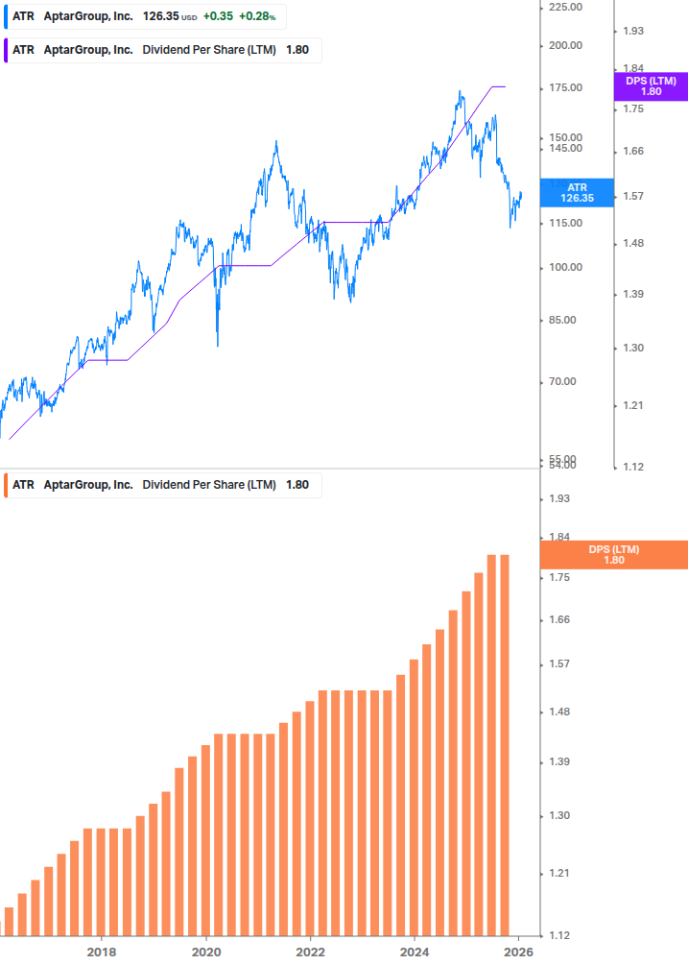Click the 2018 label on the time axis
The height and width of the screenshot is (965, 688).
point(102,952)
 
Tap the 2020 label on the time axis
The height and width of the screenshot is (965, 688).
point(206,952)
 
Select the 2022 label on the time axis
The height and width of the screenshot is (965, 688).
point(311,952)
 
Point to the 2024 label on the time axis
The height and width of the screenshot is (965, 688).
point(415,952)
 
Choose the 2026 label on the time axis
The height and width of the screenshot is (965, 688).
point(519,952)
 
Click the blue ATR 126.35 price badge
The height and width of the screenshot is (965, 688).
point(577,192)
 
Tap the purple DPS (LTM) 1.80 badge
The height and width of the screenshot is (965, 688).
point(651,86)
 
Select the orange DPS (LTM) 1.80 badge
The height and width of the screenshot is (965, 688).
point(614,555)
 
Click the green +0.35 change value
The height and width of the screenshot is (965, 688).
point(218,16)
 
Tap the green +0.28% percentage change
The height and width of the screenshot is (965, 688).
point(256,16)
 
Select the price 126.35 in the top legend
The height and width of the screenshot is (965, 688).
point(160,16)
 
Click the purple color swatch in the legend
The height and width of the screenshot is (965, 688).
point(7,50)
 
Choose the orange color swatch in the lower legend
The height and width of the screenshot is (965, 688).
point(7,485)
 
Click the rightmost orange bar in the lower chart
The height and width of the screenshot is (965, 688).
point(504,744)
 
